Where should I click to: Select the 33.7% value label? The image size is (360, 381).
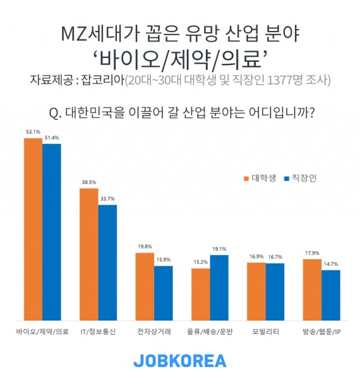[107, 198]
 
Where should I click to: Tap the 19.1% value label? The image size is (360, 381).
[219, 249]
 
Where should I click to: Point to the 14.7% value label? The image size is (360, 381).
[331, 264]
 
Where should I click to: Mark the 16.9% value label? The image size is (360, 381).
[256, 256]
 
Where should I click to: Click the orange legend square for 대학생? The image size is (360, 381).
[246, 178]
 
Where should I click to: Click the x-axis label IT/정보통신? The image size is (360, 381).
[98, 332]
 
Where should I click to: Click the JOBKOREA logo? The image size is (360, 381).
[179, 360]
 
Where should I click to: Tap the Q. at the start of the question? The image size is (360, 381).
[56, 112]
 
